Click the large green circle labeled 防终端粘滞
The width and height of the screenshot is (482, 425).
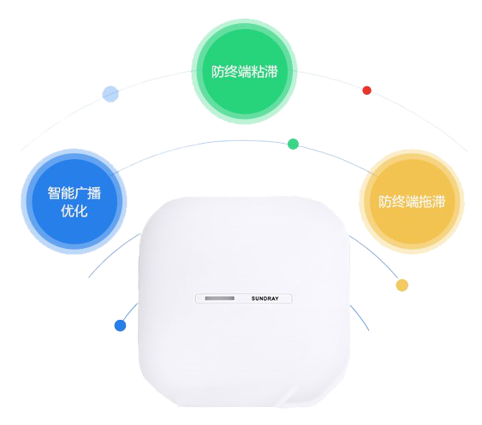point(244,72)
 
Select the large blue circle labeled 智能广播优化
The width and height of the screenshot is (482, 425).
point(74,202)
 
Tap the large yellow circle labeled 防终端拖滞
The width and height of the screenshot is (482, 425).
point(412,202)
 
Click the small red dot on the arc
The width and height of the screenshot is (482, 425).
point(366,91)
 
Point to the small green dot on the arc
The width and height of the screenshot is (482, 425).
point(293,144)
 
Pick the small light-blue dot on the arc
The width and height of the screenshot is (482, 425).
point(110,94)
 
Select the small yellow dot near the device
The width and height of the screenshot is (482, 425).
point(402,285)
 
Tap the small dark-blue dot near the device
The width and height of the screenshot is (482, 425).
point(120,326)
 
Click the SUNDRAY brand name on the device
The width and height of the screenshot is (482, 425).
point(265,298)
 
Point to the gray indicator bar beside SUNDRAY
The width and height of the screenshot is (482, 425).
point(219,298)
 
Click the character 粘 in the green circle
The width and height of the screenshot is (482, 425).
point(258,72)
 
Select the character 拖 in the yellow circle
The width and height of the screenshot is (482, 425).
point(425,202)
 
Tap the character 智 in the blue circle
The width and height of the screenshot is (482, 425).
point(54,193)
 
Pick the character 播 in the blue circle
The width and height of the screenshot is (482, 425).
point(94,193)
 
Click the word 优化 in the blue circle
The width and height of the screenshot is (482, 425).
point(74,211)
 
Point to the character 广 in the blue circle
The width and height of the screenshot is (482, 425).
point(80,193)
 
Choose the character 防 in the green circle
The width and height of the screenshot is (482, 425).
point(218,72)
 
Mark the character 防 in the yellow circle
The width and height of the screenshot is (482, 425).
point(385,202)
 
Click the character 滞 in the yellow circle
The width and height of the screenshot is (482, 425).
point(438,202)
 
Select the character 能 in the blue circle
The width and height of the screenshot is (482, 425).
point(68,193)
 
